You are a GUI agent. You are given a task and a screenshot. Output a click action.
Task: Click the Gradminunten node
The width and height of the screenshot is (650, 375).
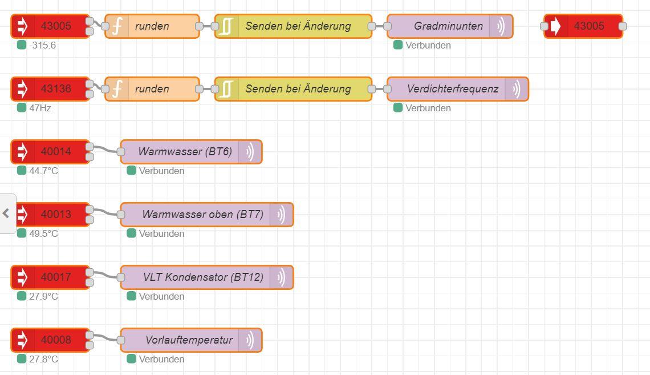tap(450, 26)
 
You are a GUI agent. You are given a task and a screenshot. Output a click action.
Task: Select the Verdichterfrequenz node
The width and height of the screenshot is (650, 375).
tap(458, 89)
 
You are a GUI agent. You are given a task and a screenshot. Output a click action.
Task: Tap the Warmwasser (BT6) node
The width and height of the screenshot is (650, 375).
tap(191, 152)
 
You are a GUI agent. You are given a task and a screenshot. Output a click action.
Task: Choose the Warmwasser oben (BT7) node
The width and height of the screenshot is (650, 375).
tap(207, 215)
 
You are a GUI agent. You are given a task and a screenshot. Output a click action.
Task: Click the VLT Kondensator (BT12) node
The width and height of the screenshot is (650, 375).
tap(207, 277)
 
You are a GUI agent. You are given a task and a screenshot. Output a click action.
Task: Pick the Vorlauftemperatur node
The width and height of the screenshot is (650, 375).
tap(191, 340)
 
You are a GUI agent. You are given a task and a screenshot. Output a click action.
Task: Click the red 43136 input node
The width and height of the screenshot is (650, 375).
tap(50, 89)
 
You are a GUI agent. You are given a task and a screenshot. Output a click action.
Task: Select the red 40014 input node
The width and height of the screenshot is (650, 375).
tap(50, 152)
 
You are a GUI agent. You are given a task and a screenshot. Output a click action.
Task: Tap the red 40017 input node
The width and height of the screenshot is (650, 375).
tap(50, 277)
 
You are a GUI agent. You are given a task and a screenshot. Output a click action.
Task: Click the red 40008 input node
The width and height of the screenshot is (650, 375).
tap(50, 340)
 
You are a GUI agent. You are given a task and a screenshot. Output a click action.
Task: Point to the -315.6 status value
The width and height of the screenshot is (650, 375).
tap(42, 45)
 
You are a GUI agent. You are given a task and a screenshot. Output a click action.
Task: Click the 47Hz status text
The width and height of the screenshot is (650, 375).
tap(40, 108)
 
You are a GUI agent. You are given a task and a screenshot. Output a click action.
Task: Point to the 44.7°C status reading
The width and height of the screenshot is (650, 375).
tap(43, 171)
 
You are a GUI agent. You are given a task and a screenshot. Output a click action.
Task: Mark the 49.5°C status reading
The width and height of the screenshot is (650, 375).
tap(43, 233)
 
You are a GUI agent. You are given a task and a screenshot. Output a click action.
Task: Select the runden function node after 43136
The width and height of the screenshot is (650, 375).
tap(152, 89)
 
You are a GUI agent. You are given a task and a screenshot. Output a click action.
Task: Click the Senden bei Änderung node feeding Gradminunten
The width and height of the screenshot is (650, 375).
tap(293, 26)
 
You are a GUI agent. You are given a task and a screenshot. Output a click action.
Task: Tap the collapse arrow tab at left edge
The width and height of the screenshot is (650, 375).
tap(6, 213)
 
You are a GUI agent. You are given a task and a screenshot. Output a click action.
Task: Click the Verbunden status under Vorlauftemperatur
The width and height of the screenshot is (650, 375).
tap(162, 359)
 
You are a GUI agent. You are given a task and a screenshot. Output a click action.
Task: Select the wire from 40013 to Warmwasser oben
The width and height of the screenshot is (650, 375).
tap(105, 212)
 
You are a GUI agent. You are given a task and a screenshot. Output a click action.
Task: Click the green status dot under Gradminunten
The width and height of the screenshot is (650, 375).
tap(398, 45)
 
